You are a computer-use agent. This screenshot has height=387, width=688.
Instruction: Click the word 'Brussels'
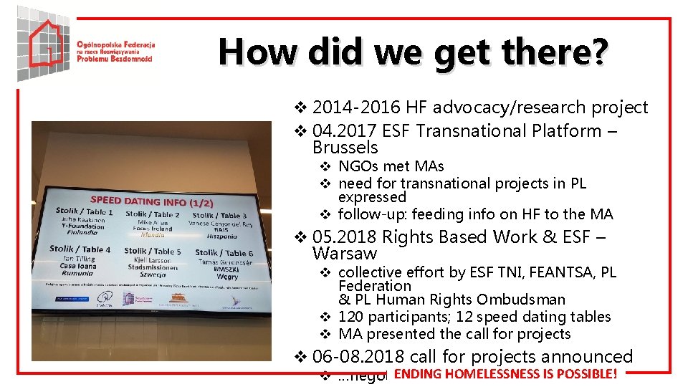point(345,148)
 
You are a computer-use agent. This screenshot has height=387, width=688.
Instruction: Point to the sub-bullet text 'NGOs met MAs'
point(391,167)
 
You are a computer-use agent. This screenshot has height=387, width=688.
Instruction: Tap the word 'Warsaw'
point(345,254)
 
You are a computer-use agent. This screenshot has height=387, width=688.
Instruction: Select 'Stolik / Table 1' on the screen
point(84,211)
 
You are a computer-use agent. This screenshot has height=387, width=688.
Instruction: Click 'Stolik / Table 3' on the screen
point(219,215)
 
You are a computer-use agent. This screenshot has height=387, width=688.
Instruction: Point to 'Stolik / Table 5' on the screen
point(152,251)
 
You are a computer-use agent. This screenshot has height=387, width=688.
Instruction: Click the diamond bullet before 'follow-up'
point(324,214)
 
